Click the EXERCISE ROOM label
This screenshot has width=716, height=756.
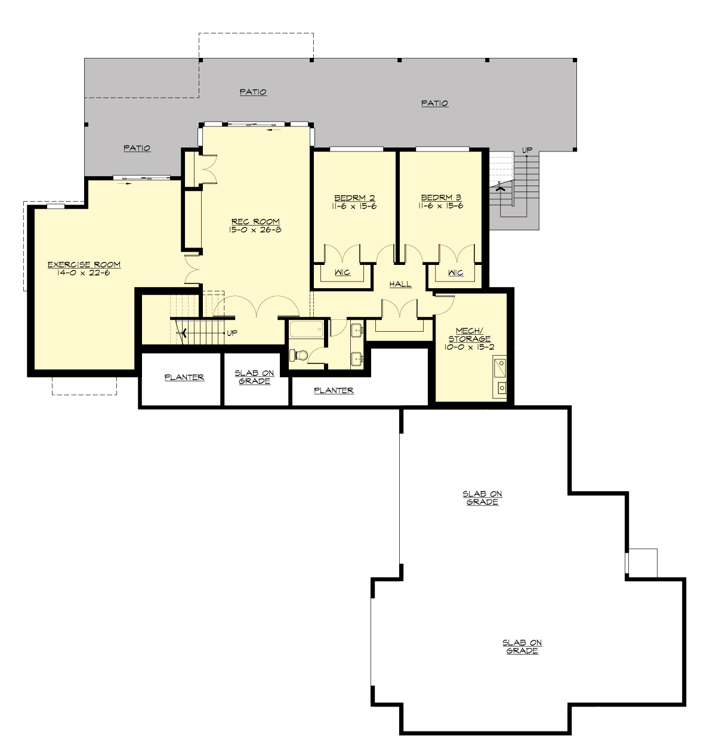[x=84, y=264]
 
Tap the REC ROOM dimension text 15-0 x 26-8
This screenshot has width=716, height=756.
[x=255, y=230]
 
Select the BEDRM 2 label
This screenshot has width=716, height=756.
[x=354, y=198]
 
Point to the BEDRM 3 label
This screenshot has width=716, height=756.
[x=441, y=198]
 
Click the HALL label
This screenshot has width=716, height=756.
[x=400, y=284]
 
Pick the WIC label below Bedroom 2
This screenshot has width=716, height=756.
[x=342, y=273]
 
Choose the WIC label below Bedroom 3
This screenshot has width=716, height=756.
[x=455, y=273]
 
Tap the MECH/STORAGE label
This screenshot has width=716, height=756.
[x=470, y=335]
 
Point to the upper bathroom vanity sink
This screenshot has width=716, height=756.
[x=357, y=329]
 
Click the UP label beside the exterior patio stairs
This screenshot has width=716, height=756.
[x=527, y=150]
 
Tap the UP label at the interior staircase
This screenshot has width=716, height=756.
[x=232, y=333]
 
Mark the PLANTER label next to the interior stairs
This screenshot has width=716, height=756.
[x=184, y=377]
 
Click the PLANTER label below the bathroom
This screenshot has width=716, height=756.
[x=334, y=390]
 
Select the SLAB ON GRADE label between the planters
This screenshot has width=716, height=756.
[x=254, y=377]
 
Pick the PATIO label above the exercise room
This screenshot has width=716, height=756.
[x=137, y=148]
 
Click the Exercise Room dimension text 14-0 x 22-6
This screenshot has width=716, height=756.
[x=84, y=273]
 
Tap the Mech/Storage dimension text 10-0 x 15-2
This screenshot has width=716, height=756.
[x=470, y=347]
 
